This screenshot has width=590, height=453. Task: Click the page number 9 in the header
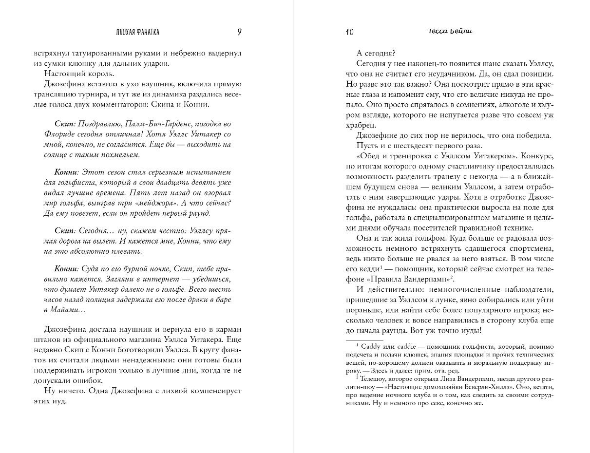click(240, 32)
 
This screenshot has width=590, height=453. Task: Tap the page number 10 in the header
click(349, 33)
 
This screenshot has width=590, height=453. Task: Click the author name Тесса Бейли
click(447, 31)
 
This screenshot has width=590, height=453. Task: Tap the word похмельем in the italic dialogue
click(118, 155)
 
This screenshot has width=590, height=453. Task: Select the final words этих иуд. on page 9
click(50, 402)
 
